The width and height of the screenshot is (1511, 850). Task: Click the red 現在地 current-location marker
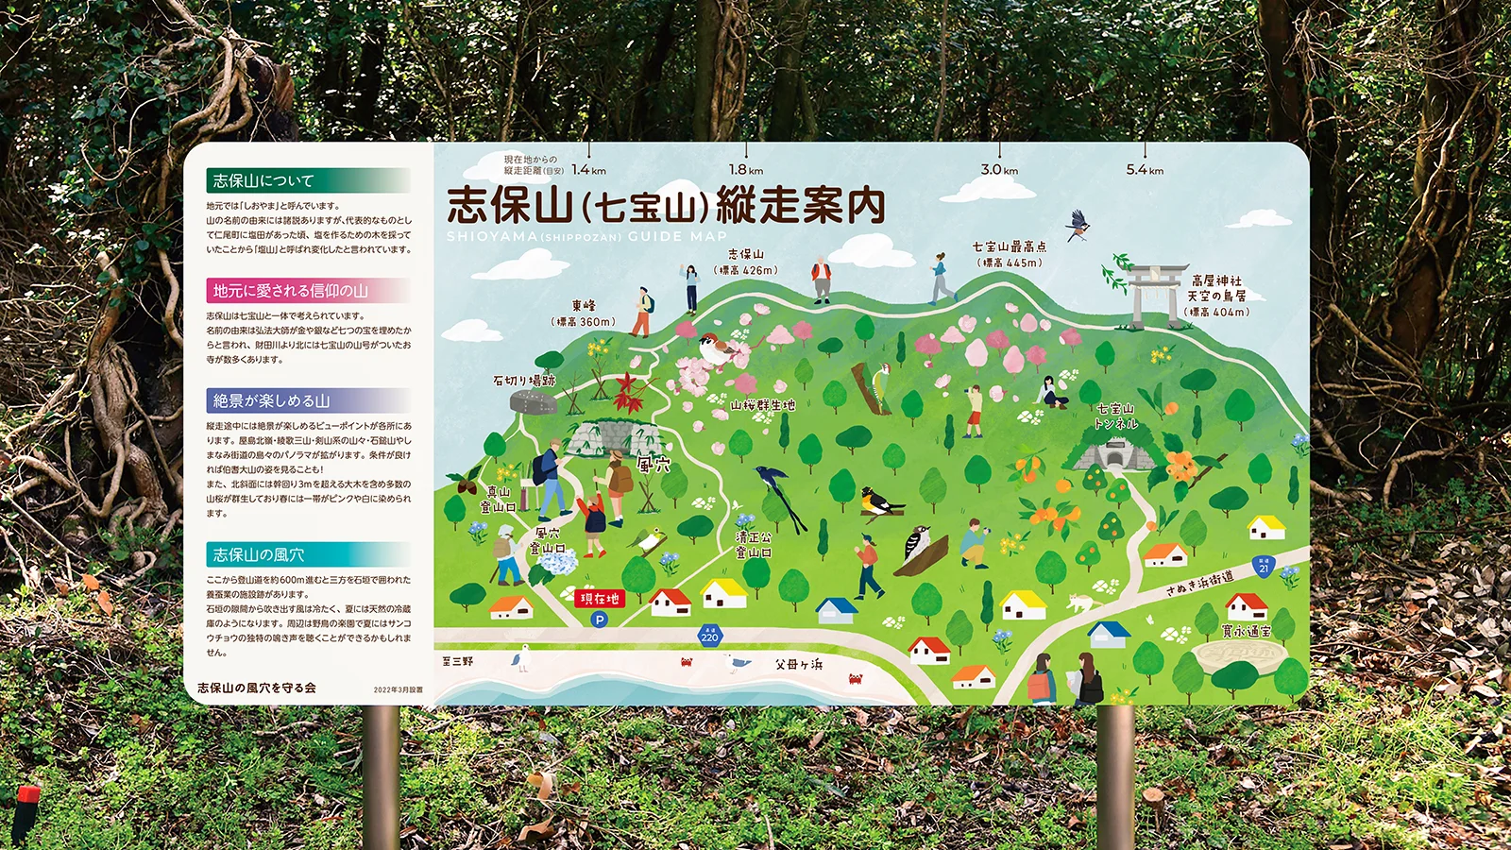click(601, 599)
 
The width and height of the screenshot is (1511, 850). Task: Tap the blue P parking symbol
click(598, 620)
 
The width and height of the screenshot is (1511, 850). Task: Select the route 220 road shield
click(709, 635)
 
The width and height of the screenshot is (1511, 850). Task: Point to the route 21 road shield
click(1264, 566)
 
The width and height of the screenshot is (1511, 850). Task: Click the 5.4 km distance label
click(1145, 170)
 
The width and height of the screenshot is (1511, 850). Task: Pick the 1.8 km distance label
click(745, 170)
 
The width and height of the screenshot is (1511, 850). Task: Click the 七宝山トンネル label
click(1115, 416)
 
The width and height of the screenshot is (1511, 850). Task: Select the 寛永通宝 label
click(1247, 631)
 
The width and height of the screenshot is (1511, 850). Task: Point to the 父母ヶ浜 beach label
click(799, 665)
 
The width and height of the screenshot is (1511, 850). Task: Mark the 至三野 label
click(457, 661)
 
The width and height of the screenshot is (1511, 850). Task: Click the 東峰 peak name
click(584, 306)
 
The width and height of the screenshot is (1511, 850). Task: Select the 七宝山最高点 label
click(1010, 247)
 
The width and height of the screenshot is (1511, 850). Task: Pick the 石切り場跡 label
click(524, 381)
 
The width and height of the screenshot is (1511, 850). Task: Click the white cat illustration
click(1079, 601)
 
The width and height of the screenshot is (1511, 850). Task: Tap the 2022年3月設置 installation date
click(398, 689)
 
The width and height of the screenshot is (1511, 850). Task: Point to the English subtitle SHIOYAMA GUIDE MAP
click(586, 236)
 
